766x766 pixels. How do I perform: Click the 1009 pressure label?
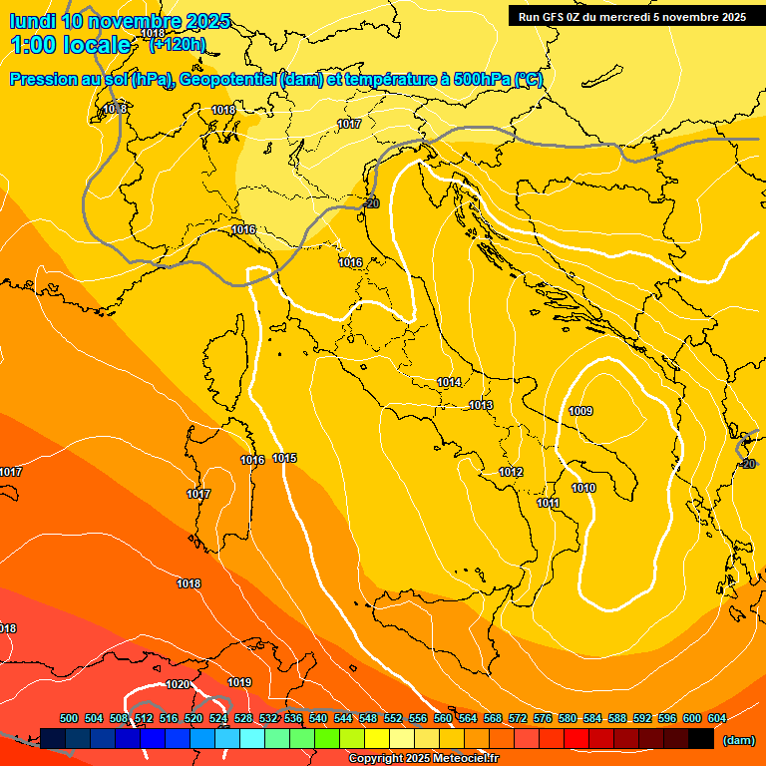[x=580, y=411]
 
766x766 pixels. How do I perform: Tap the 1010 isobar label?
[x=583, y=488]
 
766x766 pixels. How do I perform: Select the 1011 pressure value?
[x=548, y=504]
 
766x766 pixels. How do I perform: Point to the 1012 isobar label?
[x=511, y=472]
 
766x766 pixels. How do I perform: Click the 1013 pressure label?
[x=481, y=405]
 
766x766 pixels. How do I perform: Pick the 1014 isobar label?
[x=449, y=382]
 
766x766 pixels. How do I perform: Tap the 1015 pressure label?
[x=284, y=459]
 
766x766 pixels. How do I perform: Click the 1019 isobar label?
[x=239, y=682]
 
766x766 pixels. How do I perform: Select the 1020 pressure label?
[x=178, y=684]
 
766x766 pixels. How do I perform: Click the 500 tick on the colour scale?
[x=69, y=718]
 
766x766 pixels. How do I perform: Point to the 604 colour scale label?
[x=716, y=718]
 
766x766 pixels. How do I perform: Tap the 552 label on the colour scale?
[x=393, y=718]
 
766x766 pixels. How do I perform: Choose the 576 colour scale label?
[x=543, y=718]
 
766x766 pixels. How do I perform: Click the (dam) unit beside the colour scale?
[x=739, y=740]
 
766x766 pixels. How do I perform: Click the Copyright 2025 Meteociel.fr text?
[x=423, y=759]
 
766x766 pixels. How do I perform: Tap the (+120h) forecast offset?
[x=177, y=45]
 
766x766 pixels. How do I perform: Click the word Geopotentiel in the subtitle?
[x=226, y=80]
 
